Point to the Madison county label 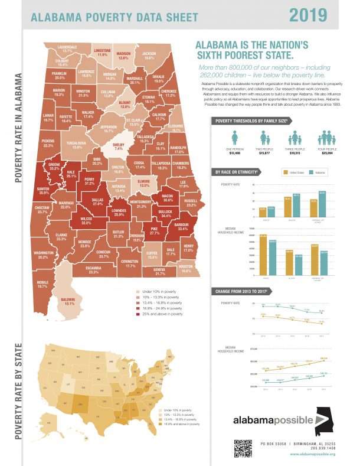(123, 56)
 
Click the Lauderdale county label (67, 49)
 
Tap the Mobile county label (42, 284)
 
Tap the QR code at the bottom (243, 448)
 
